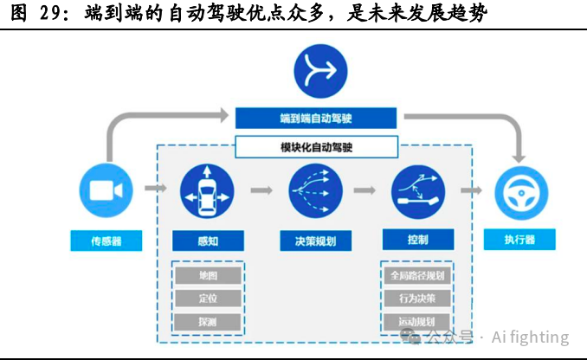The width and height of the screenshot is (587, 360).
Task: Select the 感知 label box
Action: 207,241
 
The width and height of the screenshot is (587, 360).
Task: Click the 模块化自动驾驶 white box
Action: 316,146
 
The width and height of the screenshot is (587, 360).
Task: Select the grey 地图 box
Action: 208,276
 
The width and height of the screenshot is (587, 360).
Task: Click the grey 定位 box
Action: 208,299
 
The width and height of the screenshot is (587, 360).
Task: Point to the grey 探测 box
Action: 208,322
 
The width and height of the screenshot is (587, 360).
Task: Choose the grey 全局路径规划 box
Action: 417,276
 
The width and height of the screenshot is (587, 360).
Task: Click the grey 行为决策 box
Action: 417,299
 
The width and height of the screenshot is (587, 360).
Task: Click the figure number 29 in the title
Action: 49,13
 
